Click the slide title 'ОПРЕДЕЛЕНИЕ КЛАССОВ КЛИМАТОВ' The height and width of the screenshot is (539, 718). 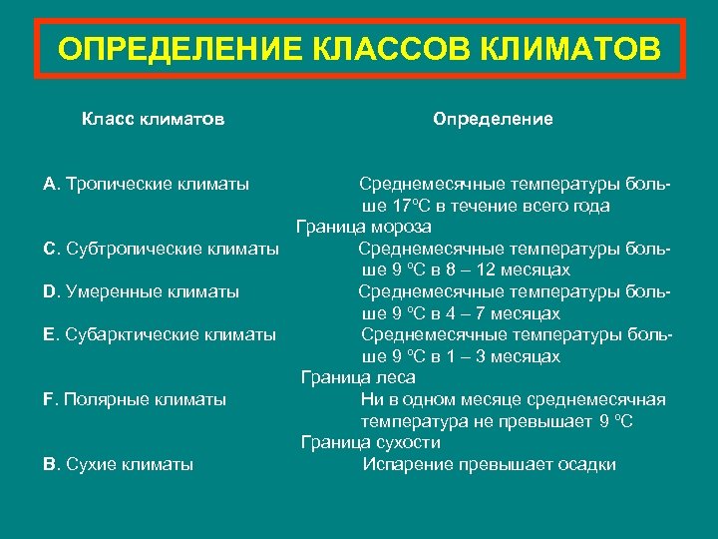(359, 49)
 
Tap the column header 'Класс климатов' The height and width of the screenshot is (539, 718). (153, 119)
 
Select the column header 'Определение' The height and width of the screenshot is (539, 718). (493, 119)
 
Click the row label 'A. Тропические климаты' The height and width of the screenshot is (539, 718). (147, 185)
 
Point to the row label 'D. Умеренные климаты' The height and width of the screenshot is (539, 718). (142, 291)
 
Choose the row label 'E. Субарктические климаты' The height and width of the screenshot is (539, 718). (160, 334)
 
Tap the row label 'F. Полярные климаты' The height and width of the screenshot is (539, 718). (135, 399)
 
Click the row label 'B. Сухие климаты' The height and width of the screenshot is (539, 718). (119, 464)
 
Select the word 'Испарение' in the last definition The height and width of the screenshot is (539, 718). (406, 464)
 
